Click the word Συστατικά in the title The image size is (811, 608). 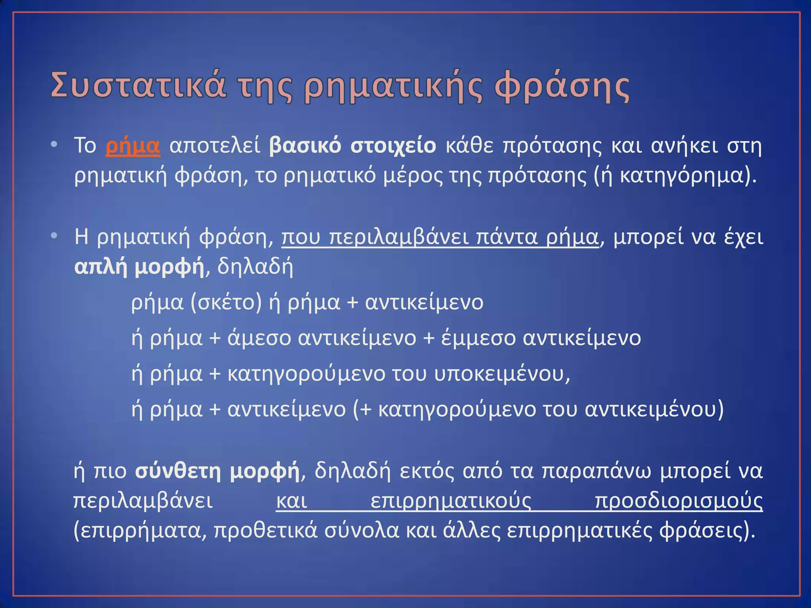tap(139, 85)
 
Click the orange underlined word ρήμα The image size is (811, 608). tap(133, 146)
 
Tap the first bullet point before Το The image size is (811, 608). tap(54, 144)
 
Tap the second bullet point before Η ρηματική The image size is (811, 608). tap(54, 236)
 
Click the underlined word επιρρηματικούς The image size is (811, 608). tap(451, 502)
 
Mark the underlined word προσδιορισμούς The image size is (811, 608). tap(679, 502)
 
